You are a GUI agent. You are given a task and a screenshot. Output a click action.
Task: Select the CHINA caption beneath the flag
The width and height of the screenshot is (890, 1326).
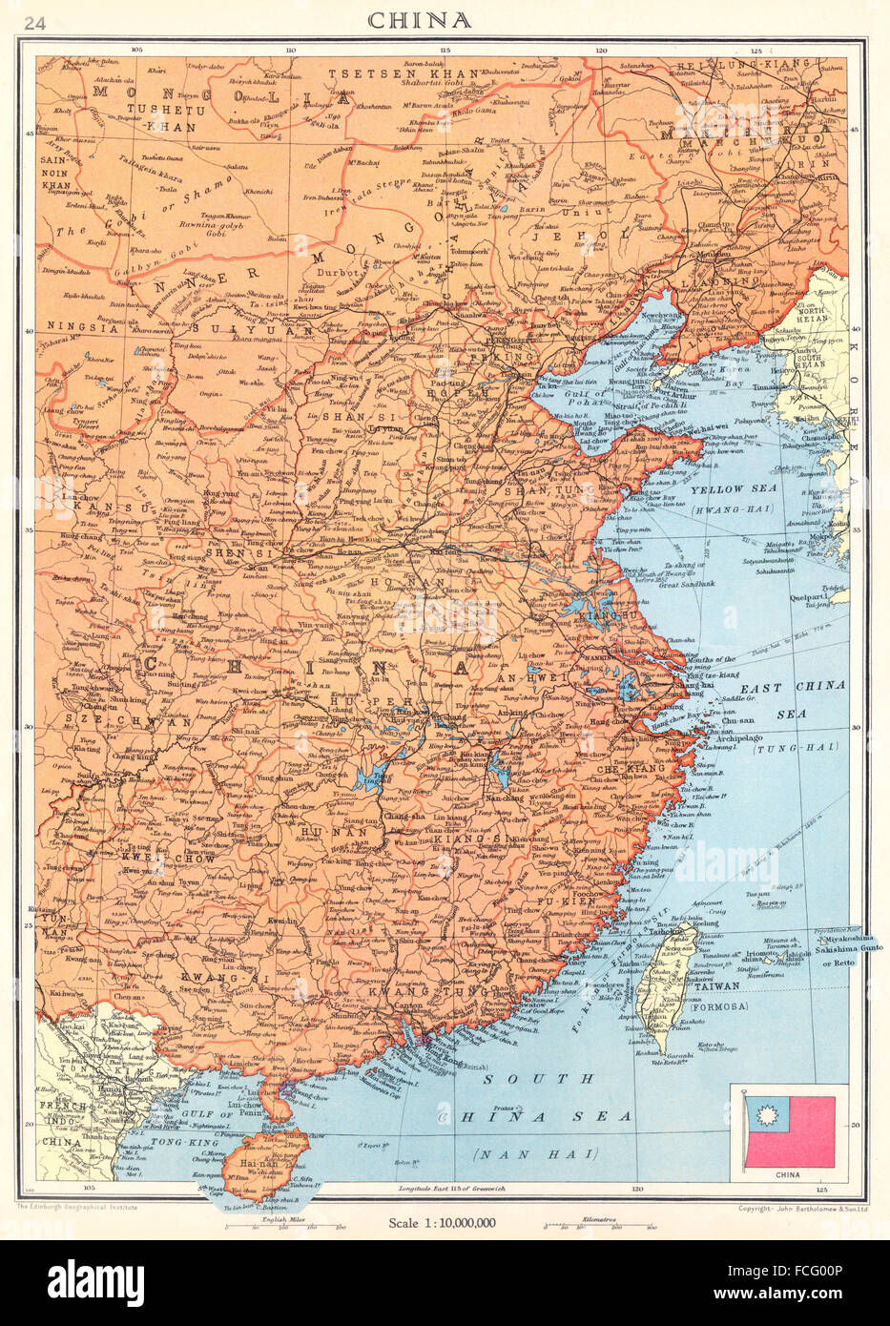click(788, 1175)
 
